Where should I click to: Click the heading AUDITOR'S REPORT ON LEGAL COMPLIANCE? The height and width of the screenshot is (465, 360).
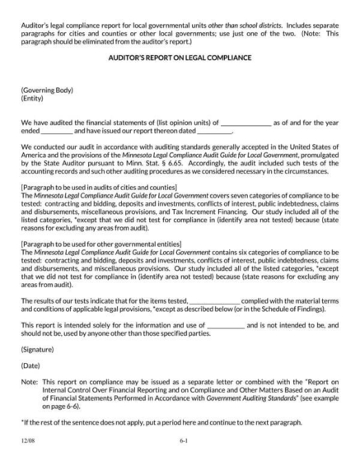coord(180,61)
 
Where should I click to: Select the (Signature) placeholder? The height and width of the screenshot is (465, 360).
coord(39,349)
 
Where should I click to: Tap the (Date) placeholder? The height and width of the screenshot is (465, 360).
coord(31,365)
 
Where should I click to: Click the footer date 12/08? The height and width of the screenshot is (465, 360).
coord(28,441)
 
